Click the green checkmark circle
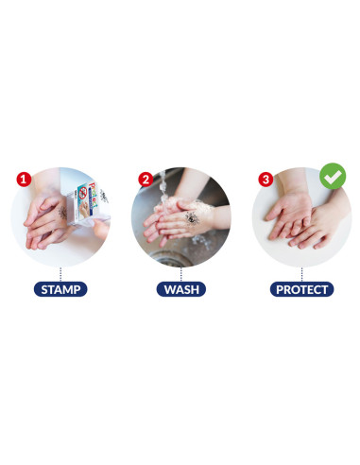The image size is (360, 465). (x=332, y=176)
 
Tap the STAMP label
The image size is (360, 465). (x=60, y=289)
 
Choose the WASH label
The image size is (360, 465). (x=180, y=289)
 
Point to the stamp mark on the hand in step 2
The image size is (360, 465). (x=190, y=218)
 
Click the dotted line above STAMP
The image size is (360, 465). (x=60, y=274)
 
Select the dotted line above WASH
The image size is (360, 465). (x=180, y=274)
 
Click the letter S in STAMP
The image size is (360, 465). (x=42, y=289)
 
